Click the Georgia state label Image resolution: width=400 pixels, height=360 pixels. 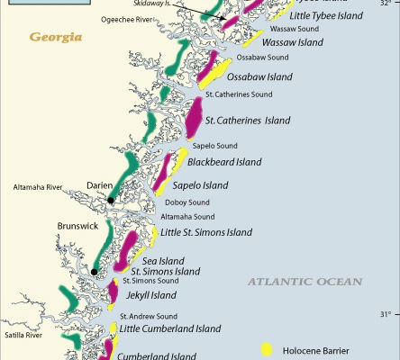(56, 37)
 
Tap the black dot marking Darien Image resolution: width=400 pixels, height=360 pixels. (111, 201)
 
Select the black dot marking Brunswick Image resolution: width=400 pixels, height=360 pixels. (94, 271)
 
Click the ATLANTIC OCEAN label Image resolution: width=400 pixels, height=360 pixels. (305, 282)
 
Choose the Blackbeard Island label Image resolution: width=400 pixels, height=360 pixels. (224, 163)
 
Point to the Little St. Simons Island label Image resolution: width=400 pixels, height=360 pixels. (206, 232)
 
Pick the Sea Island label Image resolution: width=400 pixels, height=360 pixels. (159, 260)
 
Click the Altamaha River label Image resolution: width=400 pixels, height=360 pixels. (37, 187)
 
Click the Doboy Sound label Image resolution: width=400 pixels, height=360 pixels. (187, 202)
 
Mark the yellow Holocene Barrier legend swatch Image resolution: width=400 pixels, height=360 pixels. (267, 349)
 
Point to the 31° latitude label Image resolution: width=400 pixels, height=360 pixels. (385, 314)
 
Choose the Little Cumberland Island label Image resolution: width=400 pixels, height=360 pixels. (170, 328)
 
